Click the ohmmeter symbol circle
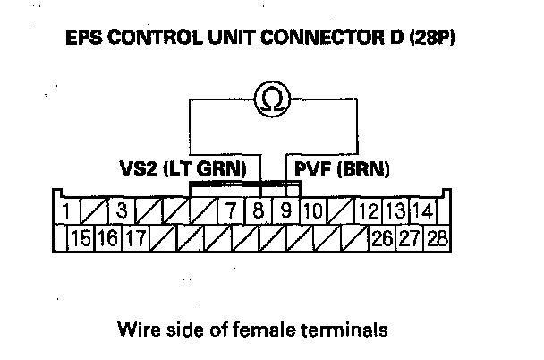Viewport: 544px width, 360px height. pyautogui.click(x=272, y=100)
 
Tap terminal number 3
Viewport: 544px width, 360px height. pyautogui.click(x=121, y=213)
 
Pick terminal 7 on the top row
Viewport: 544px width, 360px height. pyautogui.click(x=231, y=213)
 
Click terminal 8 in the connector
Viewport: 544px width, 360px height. pyautogui.click(x=259, y=213)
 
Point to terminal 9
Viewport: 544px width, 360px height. pyautogui.click(x=285, y=213)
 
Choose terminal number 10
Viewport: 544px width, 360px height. pyautogui.click(x=312, y=213)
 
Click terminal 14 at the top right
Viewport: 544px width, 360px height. pyautogui.click(x=424, y=213)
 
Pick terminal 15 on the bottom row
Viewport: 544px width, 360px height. pyautogui.click(x=81, y=239)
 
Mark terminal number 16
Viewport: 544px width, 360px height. pyautogui.click(x=108, y=239)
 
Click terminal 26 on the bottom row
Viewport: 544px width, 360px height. pyautogui.click(x=382, y=239)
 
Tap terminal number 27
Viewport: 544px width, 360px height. pyautogui.click(x=410, y=239)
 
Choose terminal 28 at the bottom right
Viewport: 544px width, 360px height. pyautogui.click(x=438, y=239)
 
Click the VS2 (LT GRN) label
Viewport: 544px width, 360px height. pyautogui.click(x=189, y=167)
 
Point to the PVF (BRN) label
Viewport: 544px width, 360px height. pyautogui.click(x=335, y=167)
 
